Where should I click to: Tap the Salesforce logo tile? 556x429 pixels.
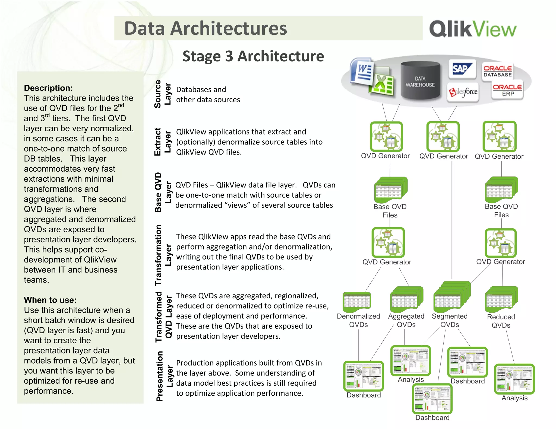coord(463,92)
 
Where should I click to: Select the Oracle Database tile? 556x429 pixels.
coord(497,71)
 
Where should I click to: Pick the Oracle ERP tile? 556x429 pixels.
coord(507,90)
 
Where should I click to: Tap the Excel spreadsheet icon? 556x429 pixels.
coord(383,83)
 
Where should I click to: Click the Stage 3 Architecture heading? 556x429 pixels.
coord(253,56)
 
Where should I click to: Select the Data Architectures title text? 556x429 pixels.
coord(206,28)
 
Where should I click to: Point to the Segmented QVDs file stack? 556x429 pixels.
coord(451,297)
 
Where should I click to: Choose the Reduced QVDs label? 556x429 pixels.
coord(501,321)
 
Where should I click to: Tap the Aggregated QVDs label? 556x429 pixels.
coord(406,320)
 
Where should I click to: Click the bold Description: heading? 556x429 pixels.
coord(48,88)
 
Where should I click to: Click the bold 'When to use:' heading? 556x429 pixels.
coord(50,300)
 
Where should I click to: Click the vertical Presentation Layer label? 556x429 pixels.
coord(164,376)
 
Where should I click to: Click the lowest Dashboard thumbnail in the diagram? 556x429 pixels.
coord(432,398)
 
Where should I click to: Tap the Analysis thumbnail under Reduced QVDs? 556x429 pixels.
coord(514,379)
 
